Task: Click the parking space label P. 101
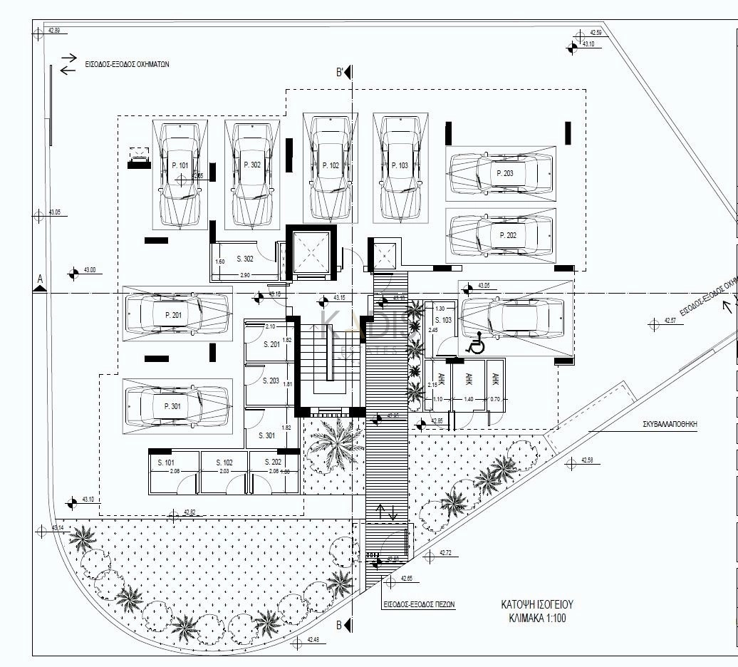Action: (x=180, y=165)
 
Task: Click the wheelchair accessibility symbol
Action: (x=475, y=345)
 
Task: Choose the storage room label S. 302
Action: (x=244, y=259)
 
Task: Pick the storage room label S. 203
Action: (x=270, y=381)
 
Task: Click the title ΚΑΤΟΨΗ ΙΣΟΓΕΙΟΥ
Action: (x=538, y=605)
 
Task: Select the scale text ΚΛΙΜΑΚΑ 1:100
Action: (x=538, y=619)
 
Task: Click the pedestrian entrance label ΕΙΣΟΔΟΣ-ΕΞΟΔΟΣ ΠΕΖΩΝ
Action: (x=419, y=604)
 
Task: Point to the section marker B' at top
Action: (x=341, y=72)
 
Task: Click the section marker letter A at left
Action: (x=41, y=278)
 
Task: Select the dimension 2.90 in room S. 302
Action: (x=244, y=275)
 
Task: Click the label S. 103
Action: (x=442, y=321)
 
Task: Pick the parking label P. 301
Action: (x=173, y=406)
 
